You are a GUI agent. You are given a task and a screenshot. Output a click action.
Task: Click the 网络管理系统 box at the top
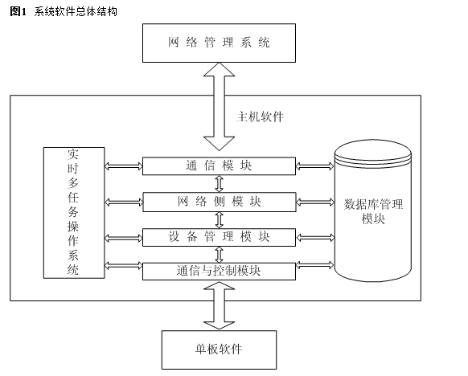coord(219,43)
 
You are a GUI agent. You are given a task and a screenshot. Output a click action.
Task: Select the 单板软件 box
coord(219,349)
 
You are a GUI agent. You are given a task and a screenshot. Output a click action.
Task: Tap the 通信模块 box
coord(219,166)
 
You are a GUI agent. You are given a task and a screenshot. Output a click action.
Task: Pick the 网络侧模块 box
coord(220,202)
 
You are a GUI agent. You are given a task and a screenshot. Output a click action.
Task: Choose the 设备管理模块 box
coord(219,237)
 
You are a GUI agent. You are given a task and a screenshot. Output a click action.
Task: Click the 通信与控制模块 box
coord(219,271)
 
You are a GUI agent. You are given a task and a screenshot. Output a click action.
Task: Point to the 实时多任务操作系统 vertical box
coord(74,213)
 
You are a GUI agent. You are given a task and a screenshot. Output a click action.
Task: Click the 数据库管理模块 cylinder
coord(373,211)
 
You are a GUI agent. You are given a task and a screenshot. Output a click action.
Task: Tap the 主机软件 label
coord(260,116)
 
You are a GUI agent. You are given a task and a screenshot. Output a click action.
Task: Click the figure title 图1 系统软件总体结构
coord(64,11)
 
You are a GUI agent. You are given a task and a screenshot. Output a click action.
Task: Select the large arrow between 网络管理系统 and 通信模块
coord(219,106)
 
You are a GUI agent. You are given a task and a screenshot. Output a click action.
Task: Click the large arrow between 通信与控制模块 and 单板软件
coord(219,305)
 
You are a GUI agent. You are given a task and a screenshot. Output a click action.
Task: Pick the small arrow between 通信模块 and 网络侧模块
coord(220,183)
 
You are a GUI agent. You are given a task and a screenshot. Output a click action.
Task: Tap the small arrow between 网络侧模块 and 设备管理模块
coord(220,220)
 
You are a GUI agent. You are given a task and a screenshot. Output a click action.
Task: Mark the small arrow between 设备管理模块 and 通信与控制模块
coord(220,255)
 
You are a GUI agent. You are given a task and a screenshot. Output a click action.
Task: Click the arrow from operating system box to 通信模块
coord(124,166)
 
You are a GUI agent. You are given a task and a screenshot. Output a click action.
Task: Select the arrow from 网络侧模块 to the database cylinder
coord(315,202)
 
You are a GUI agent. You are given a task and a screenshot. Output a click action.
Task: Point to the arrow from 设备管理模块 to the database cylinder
coord(315,237)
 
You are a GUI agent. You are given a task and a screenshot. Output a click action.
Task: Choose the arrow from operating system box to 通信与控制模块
coord(124,265)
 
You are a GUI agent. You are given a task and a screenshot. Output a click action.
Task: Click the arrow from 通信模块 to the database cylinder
coord(315,166)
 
